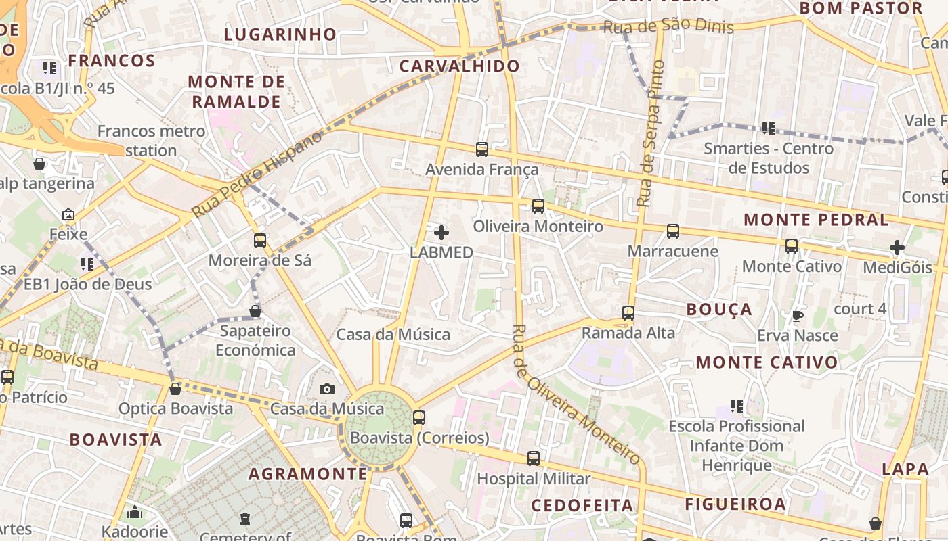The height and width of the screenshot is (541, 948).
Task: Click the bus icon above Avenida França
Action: coord(482,149)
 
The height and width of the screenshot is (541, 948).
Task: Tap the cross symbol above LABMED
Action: coord(441,233)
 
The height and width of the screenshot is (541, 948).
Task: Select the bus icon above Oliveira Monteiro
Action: coord(538,206)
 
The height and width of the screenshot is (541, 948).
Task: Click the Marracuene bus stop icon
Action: coord(673,231)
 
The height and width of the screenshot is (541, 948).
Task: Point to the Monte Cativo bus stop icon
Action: coord(792,246)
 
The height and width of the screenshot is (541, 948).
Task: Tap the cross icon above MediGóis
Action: coord(897,248)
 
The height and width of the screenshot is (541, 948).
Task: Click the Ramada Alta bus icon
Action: coord(628,313)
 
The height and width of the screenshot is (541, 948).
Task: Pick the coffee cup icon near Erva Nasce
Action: coord(798,316)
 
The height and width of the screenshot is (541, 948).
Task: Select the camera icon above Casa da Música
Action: coord(327,389)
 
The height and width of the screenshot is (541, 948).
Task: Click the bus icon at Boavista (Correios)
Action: coord(419,418)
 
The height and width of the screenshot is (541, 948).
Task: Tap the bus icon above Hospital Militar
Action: coord(534,458)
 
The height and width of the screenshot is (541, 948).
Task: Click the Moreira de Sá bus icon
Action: coord(260,240)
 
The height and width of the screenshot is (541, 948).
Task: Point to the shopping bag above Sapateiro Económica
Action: coord(255,311)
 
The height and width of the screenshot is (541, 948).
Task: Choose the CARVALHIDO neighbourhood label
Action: coord(459,66)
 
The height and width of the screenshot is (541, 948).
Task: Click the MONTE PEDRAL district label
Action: coord(816,220)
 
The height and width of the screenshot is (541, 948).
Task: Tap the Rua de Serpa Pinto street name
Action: coord(651,133)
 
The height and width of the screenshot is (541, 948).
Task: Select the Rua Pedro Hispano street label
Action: coord(258,174)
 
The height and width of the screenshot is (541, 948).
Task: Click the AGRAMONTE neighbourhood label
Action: coord(307,474)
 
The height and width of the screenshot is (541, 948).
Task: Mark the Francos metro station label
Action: coord(151,140)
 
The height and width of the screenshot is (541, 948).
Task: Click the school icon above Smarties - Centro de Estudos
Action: coord(768,128)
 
